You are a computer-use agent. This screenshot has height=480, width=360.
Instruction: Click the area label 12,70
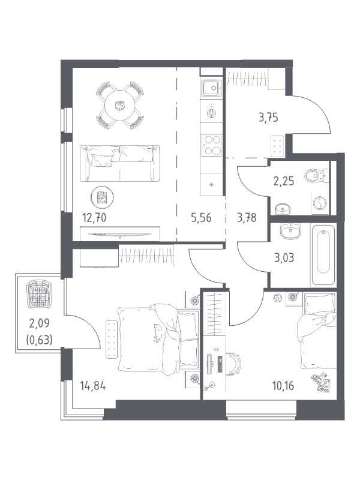94,218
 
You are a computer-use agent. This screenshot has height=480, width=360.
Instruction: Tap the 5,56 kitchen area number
201,218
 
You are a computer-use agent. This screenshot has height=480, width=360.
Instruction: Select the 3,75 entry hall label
268,118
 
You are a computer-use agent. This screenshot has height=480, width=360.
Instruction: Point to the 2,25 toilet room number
283,181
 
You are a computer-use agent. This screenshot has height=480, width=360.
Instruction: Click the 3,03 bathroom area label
284,258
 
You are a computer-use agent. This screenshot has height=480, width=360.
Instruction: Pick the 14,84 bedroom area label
93,386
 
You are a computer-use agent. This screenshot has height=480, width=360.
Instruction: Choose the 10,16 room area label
283,386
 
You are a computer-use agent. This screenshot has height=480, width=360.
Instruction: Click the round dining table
119,106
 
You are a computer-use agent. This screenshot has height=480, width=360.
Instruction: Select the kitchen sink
211,88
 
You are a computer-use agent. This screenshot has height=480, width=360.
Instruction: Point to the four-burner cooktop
211,145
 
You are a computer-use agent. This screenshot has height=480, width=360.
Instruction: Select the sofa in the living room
119,163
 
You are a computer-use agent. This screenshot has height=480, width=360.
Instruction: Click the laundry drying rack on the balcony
39,295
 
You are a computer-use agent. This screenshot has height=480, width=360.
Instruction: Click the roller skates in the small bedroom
321,382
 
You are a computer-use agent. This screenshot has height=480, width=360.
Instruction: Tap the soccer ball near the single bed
277,297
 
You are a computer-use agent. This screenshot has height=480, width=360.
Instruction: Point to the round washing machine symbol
320,203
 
